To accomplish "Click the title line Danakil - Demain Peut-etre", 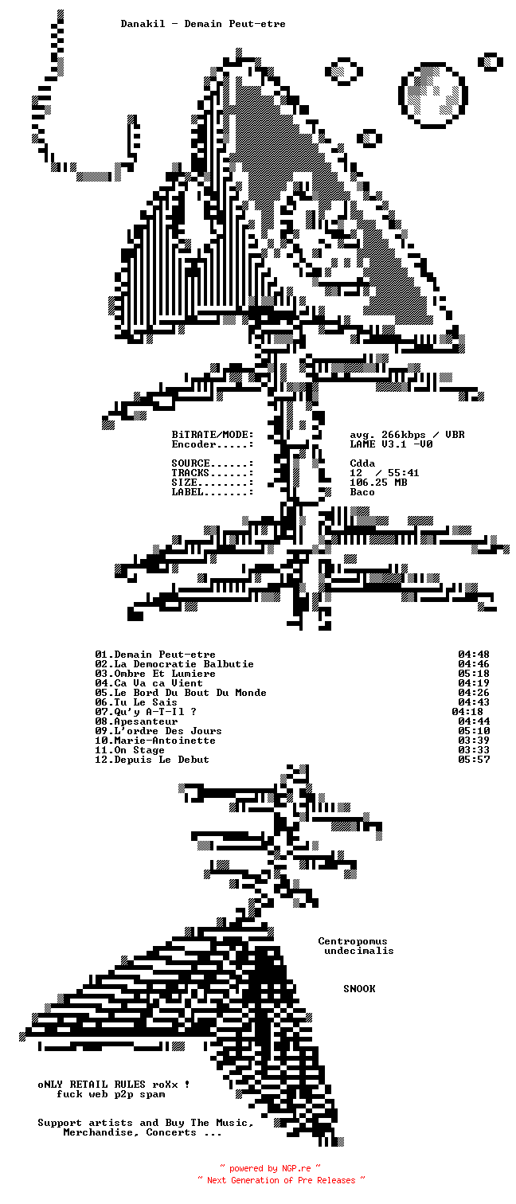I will (203, 24).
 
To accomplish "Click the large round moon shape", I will (432, 94).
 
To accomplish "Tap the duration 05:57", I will (474, 760).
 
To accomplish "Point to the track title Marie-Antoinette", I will (164, 741).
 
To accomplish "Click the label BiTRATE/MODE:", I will (213, 435).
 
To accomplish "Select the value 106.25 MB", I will (378, 483).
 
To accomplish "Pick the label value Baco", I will (362, 492).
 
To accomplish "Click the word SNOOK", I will (359, 989).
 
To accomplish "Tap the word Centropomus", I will (353, 941).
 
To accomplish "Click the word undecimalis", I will (359, 951).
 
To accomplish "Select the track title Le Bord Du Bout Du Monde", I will (190, 693).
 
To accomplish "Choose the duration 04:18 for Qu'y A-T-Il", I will (467, 712).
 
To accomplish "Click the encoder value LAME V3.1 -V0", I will (391, 444).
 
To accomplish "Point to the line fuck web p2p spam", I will (111, 1094).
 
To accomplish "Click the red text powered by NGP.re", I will (271, 1168).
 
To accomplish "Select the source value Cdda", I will (362, 463).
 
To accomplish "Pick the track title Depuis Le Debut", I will (161, 760).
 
